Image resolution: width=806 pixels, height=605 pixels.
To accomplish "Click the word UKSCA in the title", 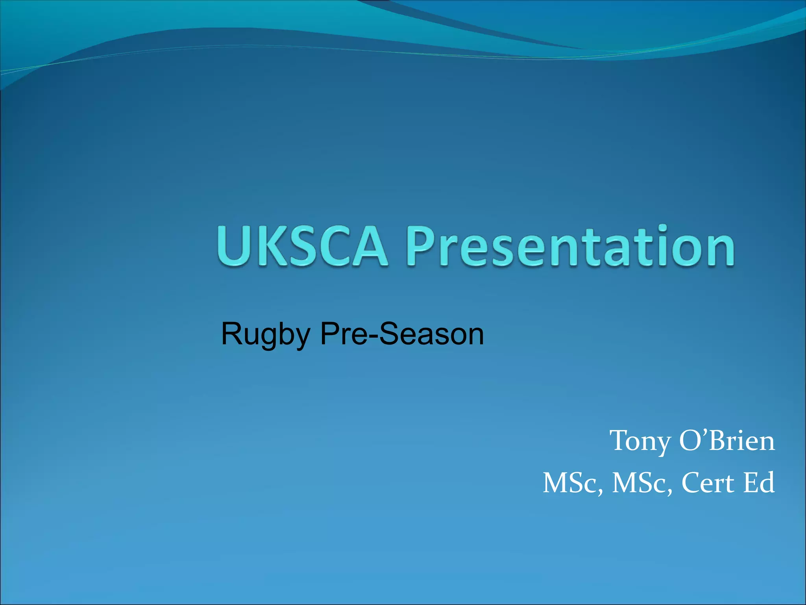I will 302,246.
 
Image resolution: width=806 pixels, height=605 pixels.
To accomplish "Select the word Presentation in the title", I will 570,246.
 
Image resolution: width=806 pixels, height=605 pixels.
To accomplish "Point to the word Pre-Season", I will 402,334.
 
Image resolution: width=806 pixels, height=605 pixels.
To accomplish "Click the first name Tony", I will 640,441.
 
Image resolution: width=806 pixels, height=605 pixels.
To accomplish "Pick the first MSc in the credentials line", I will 573,483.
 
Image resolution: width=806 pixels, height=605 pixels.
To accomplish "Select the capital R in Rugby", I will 232,334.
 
